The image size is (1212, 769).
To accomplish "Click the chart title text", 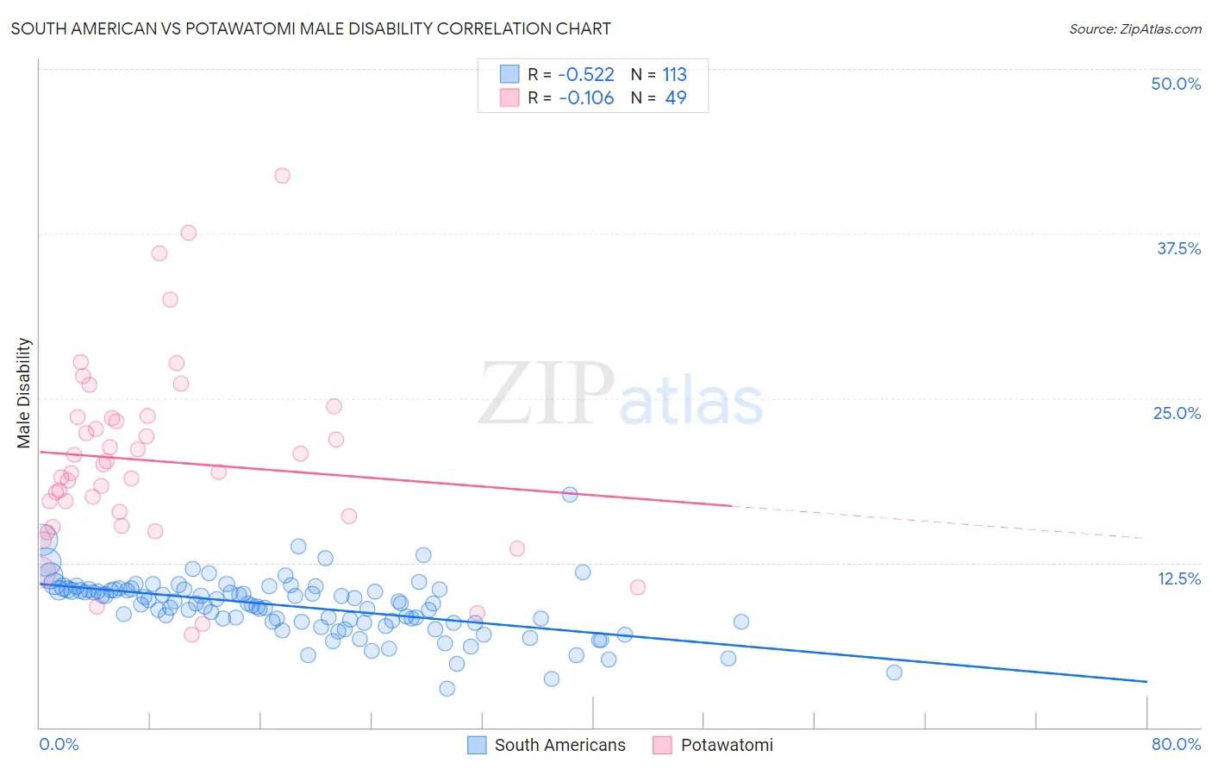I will (x=310, y=28).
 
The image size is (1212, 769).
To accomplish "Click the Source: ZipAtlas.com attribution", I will (x=1134, y=28).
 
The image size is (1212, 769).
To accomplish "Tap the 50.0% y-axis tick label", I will (x=1175, y=84).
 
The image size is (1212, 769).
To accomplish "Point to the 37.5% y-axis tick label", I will (x=1178, y=248).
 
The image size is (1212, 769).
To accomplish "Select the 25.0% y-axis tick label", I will (x=1176, y=413).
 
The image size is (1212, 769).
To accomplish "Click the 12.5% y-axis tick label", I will (x=1178, y=578).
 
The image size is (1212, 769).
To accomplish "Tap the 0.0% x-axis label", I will (x=59, y=744).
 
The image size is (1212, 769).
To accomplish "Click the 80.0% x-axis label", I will (x=1175, y=744).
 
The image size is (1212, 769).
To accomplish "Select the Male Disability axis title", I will (x=24, y=393).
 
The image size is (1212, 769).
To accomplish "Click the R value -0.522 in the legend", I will (x=586, y=75).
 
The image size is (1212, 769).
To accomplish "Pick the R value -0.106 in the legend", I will (x=586, y=98).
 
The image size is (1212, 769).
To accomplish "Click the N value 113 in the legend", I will (x=674, y=75).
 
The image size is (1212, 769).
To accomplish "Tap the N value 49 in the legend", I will (x=676, y=98).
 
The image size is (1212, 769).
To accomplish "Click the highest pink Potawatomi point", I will (x=282, y=176).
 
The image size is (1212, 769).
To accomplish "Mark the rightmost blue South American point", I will (x=894, y=672).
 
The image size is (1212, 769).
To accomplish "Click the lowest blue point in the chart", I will (x=447, y=688).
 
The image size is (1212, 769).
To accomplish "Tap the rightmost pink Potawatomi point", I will (x=638, y=587).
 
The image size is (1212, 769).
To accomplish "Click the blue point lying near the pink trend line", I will (x=570, y=495).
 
